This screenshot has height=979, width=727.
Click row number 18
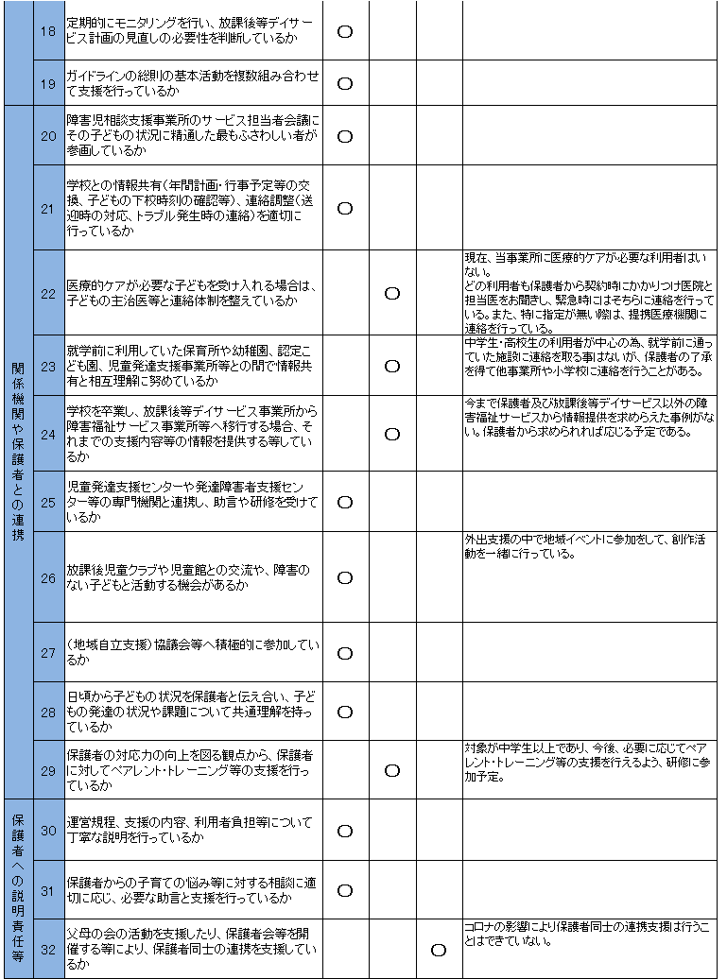[48, 31]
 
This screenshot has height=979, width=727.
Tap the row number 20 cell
[48, 135]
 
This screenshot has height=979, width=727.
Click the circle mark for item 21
[345, 208]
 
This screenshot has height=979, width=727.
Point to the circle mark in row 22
[392, 293]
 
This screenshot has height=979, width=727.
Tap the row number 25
[48, 502]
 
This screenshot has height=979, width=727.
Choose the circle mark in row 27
[345, 653]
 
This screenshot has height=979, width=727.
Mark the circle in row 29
[392, 770]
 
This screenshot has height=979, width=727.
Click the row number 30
[48, 831]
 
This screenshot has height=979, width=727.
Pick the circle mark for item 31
[345, 890]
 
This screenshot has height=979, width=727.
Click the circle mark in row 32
[439, 949]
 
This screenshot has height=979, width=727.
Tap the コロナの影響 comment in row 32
[587, 934]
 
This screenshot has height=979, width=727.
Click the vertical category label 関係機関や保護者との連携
[19, 452]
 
